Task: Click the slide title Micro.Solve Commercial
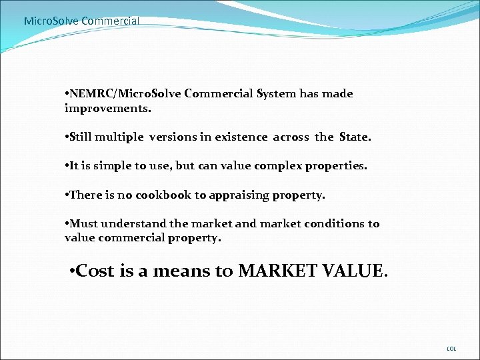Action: tap(81, 21)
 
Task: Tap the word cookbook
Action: tap(164, 195)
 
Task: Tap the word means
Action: tap(180, 271)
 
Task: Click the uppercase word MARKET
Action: tap(278, 271)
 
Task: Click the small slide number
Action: tap(451, 349)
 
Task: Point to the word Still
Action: tap(80, 137)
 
